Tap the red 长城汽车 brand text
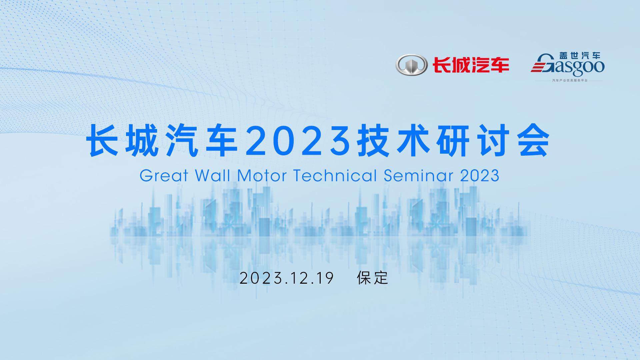pyautogui.click(x=471, y=65)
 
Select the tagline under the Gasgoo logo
pyautogui.click(x=570, y=81)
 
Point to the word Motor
pyautogui.click(x=262, y=175)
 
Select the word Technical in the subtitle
pyautogui.click(x=335, y=175)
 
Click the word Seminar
pyautogui.click(x=418, y=175)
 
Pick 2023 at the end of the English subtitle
pyautogui.click(x=480, y=175)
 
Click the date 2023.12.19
pyautogui.click(x=287, y=278)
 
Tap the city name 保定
pyautogui.click(x=373, y=278)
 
